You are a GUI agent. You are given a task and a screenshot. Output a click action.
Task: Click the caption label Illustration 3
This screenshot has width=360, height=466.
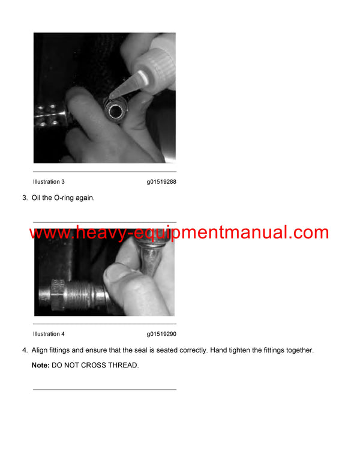(x=49, y=181)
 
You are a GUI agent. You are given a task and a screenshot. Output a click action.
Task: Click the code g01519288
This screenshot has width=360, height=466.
(x=161, y=181)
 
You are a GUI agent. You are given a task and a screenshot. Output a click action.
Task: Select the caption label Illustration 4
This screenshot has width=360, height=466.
(x=49, y=334)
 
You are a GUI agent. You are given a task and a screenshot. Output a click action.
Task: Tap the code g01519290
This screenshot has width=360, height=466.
(x=161, y=334)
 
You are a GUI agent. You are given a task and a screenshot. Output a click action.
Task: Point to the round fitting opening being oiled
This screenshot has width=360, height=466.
(x=116, y=110)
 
